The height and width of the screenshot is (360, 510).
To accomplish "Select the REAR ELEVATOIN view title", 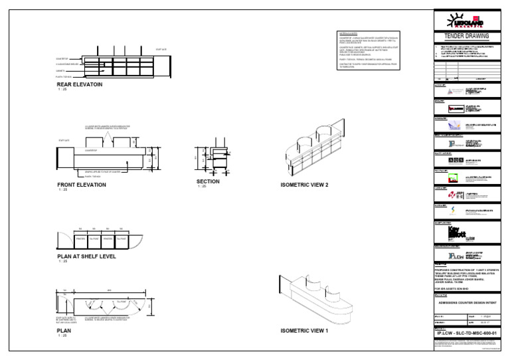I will [80, 84].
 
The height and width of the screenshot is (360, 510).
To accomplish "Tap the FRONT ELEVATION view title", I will [82, 185].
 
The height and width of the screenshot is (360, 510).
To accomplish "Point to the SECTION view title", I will [208, 181].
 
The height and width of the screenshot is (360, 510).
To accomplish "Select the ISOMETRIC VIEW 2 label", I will [304, 185].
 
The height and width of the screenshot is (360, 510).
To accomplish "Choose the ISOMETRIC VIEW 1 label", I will [304, 330].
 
